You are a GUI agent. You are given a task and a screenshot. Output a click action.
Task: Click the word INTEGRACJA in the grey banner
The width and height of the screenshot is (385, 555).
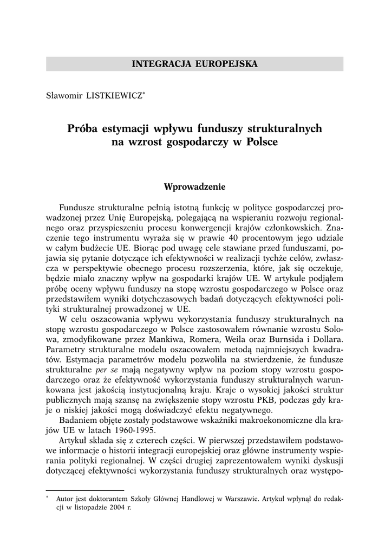[x=158, y=64]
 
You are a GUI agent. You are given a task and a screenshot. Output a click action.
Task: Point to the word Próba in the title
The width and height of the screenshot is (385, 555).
[x=83, y=129]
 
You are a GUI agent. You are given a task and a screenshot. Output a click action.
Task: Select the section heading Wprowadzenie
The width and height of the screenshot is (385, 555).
[x=194, y=186]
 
